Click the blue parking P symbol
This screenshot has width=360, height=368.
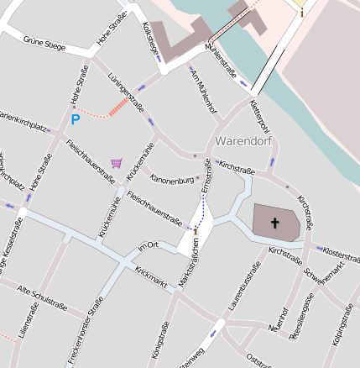pyautogui.click(x=75, y=120)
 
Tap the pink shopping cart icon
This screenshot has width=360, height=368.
pyautogui.click(x=116, y=162)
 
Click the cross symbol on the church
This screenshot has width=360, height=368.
pyautogui.click(x=274, y=223)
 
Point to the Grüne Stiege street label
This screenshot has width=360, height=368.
pyautogui.click(x=44, y=40)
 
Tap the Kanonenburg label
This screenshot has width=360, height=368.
pyautogui.click(x=172, y=180)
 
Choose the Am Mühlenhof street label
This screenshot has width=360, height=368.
pyautogui.click(x=205, y=92)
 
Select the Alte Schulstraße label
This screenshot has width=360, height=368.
pyautogui.click(x=41, y=297)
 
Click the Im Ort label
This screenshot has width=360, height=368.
pyautogui.click(x=148, y=246)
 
